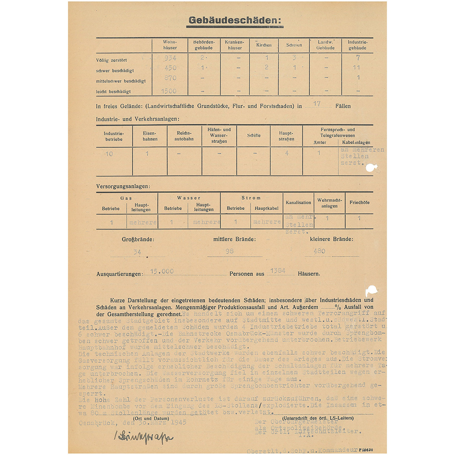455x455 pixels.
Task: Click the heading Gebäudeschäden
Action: pyautogui.click(x=235, y=20)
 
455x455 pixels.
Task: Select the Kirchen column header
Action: pyautogui.click(x=264, y=45)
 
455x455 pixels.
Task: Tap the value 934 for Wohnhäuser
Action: pyautogui.click(x=170, y=58)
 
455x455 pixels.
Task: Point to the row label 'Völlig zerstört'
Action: pyautogui.click(x=111, y=60)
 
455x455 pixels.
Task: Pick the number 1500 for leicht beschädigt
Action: pyautogui.click(x=169, y=91)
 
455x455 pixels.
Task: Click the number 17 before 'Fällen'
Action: pyautogui.click(x=317, y=104)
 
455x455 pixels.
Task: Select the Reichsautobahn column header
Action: pyautogui.click(x=184, y=136)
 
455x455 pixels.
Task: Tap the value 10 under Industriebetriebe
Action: pyautogui.click(x=109, y=154)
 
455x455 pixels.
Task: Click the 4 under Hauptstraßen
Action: pyautogui.click(x=286, y=153)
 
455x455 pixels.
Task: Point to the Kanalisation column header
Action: pyautogui.click(x=298, y=203)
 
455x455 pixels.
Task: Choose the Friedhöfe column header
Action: pyautogui.click(x=359, y=203)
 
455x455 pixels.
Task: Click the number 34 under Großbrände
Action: pyautogui.click(x=137, y=252)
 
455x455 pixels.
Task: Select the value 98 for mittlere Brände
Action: pyautogui.click(x=229, y=251)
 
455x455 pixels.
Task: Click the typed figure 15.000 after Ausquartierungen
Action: pyautogui.click(x=162, y=271)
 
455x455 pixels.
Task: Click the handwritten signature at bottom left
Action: pyautogui.click(x=143, y=438)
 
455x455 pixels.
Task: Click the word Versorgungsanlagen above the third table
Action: pyautogui.click(x=123, y=186)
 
